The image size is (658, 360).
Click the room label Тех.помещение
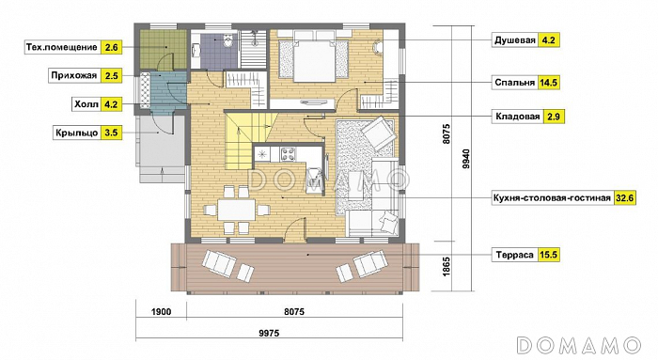coord(62,47)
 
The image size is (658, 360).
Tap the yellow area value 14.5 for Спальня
coord(548,82)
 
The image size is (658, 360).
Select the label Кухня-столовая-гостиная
coord(552,198)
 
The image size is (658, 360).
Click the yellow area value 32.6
coord(624,198)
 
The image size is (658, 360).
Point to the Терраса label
coord(514,255)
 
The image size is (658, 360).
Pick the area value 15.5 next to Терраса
coord(548,255)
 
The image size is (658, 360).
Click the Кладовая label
coord(517,117)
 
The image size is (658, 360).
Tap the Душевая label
coord(515,40)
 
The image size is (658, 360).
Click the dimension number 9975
coord(269,334)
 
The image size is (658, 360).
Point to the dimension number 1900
coord(161,312)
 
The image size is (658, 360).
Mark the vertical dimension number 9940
coord(466,159)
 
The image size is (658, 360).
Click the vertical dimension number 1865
coord(446,266)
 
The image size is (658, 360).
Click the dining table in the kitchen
coord(236,209)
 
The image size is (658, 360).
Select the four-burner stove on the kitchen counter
coord(288,154)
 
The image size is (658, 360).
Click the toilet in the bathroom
coord(227,41)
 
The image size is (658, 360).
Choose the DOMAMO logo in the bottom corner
coord(579,345)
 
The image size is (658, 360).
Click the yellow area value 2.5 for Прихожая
coord(112,76)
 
